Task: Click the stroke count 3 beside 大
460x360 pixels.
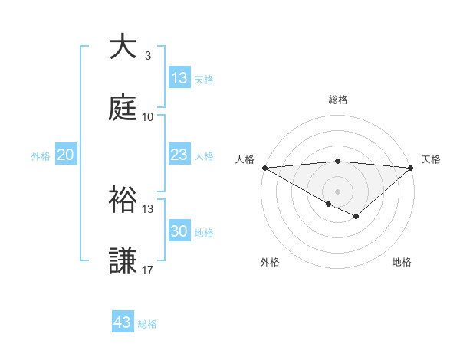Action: (147, 56)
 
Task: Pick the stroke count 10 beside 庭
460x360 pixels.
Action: (147, 117)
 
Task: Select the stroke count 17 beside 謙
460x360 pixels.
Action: (147, 270)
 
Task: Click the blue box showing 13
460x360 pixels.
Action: (179, 78)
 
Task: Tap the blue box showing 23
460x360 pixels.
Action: (179, 155)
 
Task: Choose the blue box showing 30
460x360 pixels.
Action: (179, 232)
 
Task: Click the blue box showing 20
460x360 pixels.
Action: (66, 155)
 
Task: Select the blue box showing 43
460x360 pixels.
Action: (123, 322)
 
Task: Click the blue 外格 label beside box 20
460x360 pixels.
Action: (41, 156)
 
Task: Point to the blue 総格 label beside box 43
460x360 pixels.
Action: (147, 324)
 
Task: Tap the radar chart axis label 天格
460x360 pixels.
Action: (432, 159)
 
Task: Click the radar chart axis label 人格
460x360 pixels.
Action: (244, 159)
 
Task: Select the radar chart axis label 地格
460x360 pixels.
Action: (402, 262)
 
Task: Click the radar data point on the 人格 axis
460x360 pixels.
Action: (264, 168)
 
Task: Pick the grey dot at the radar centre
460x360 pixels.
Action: (337, 191)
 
